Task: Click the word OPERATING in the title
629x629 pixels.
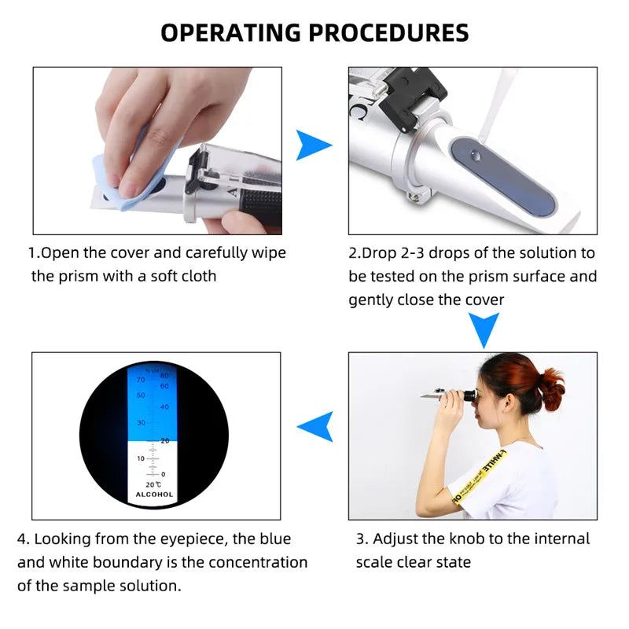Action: tap(230, 32)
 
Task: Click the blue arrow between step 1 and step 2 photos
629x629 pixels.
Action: tap(313, 146)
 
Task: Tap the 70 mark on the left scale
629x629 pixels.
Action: tap(141, 379)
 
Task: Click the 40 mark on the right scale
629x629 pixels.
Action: tap(164, 406)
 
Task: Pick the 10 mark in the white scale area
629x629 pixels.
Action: tap(141, 458)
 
